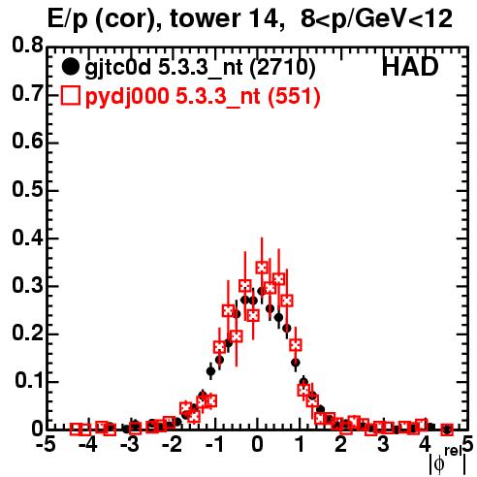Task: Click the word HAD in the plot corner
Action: pyautogui.click(x=410, y=67)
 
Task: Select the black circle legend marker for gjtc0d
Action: pyautogui.click(x=70, y=67)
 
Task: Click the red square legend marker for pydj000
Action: pyautogui.click(x=70, y=96)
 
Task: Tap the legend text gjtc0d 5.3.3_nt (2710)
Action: pyautogui.click(x=200, y=68)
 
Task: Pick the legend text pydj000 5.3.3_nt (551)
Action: pyautogui.click(x=203, y=97)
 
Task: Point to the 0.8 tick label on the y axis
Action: pyautogui.click(x=27, y=46)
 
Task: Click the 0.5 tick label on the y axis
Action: pyautogui.click(x=27, y=190)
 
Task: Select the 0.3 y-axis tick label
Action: pyautogui.click(x=27, y=286)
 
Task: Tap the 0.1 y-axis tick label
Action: pyautogui.click(x=28, y=381)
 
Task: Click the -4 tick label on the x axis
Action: pyautogui.click(x=88, y=445)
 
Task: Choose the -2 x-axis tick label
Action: pyautogui.click(x=173, y=445)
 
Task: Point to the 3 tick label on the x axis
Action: pyautogui.click(x=383, y=445)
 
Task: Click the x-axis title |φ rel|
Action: pyautogui.click(x=448, y=461)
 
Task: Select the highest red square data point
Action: pyautogui.click(x=262, y=268)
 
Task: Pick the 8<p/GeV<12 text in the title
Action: pyautogui.click(x=376, y=20)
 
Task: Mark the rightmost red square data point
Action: pyautogui.click(x=447, y=429)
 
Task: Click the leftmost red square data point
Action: pyautogui.click(x=77, y=429)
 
